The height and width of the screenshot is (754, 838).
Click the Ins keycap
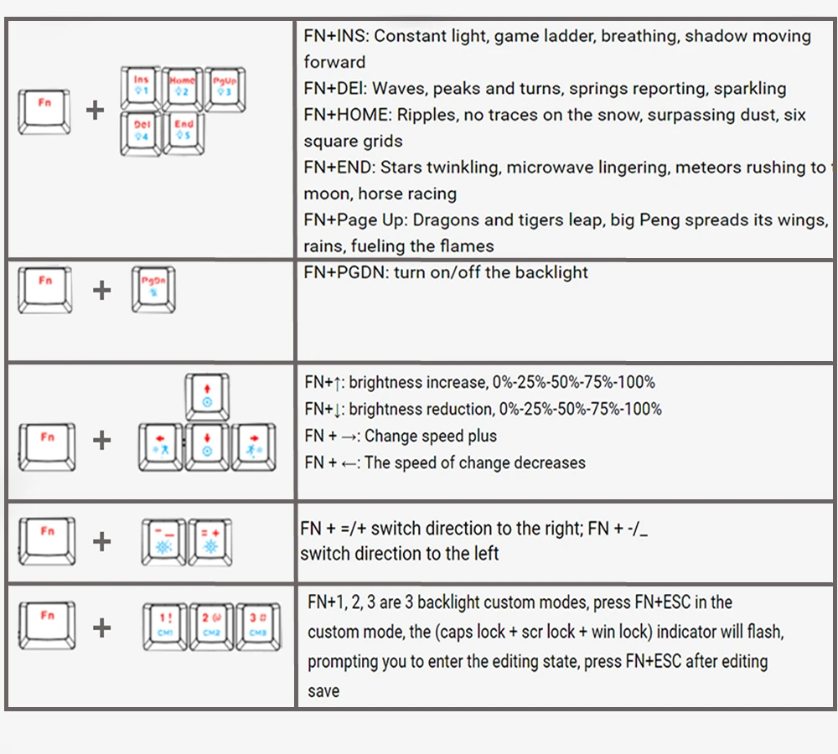pos(141,87)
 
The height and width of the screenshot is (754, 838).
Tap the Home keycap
pos(183,87)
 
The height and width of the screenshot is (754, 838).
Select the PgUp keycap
pos(225,87)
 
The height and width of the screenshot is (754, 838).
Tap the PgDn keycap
pos(153,289)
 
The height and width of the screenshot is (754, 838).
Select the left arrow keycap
pos(160,446)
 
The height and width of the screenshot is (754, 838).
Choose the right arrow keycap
pos(253,446)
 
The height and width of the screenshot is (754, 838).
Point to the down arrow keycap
pos(207,446)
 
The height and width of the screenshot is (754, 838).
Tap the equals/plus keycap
pos(209,541)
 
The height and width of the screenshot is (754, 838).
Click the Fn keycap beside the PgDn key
pos(45,288)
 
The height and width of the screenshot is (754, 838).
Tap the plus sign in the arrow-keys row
pos(101,440)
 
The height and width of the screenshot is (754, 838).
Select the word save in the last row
pos(323,691)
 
